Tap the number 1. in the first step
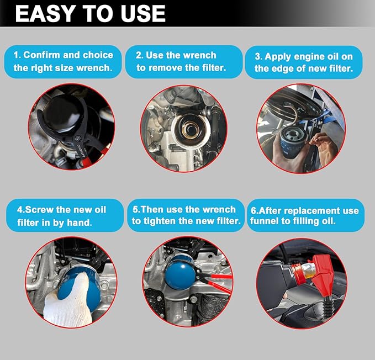tap(17, 55)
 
